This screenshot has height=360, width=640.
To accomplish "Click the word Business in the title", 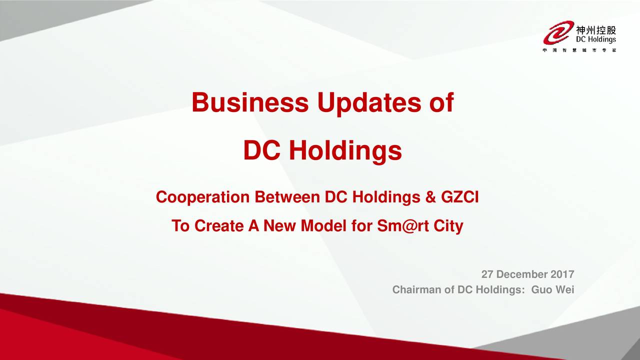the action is (250, 102).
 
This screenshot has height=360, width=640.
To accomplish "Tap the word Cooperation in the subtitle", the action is (202, 197).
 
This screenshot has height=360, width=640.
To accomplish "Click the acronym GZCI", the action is (459, 197).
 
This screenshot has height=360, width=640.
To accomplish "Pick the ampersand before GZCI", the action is (430, 197).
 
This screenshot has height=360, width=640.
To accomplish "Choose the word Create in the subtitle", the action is (219, 225).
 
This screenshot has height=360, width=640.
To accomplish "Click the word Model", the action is (323, 225).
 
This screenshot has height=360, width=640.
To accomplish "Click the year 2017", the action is (562, 274).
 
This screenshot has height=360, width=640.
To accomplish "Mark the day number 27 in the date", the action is (487, 274).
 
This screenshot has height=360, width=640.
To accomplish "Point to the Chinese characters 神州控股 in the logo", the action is (596, 30).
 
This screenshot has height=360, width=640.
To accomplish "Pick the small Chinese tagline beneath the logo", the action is (579, 50).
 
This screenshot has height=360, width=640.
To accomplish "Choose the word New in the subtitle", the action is (279, 225).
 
